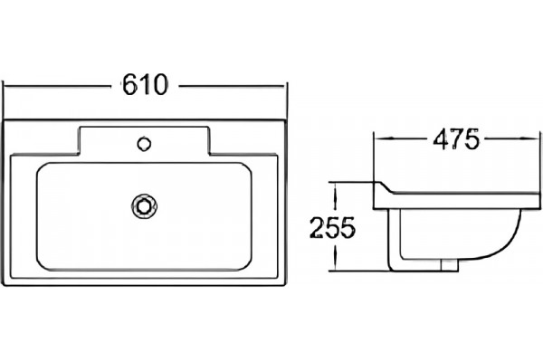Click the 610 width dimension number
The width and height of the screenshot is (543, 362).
pos(145,84)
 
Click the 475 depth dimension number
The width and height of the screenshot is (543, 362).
pos(456,139)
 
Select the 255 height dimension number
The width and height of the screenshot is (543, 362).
pos(332,227)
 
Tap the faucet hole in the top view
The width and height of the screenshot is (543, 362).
pos(144,144)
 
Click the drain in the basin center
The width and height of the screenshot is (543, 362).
pos(144,206)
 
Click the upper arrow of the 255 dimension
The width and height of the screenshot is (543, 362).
pos(335,195)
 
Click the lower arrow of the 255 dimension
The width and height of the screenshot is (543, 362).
pos(335,258)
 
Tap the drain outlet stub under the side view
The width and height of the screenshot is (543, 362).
pos(450,264)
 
